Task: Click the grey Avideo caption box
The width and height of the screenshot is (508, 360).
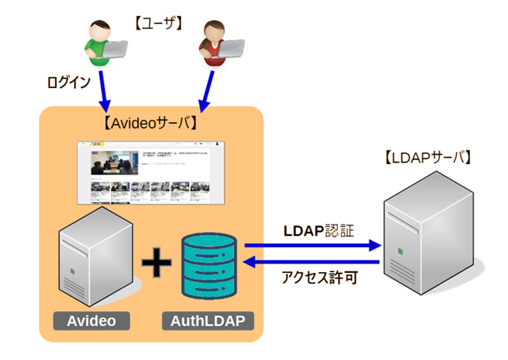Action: click(x=93, y=320)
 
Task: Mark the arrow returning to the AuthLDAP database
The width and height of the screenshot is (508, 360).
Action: click(x=313, y=263)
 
